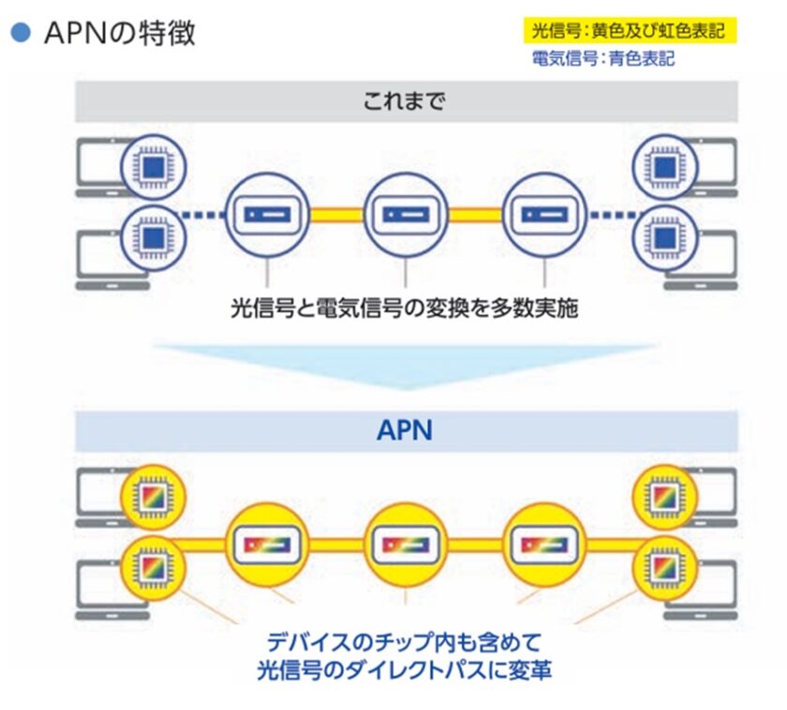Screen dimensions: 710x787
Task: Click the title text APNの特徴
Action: tap(119, 34)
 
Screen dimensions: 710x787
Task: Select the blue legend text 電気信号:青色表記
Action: tap(602, 58)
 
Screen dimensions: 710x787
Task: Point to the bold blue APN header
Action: tap(405, 430)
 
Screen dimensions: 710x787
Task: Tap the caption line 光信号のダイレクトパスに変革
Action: tap(405, 672)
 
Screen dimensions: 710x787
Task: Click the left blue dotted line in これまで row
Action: tap(204, 215)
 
